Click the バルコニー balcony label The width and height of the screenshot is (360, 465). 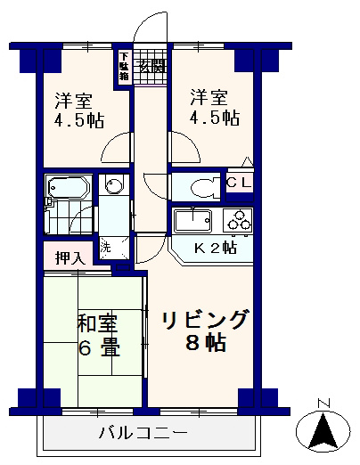[x=142, y=436]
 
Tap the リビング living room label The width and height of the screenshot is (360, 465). [x=204, y=320]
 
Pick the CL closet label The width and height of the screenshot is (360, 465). [x=238, y=184]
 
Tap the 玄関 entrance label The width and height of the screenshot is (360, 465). [x=151, y=65]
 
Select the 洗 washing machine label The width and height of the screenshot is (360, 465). [x=105, y=247]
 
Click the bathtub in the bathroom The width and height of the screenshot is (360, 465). [x=67, y=190]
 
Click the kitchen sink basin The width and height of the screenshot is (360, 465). [x=191, y=219]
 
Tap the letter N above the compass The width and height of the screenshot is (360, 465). [x=323, y=401]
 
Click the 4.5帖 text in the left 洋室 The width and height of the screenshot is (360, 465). [x=72, y=121]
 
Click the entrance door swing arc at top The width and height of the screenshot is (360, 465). [x=151, y=27]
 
